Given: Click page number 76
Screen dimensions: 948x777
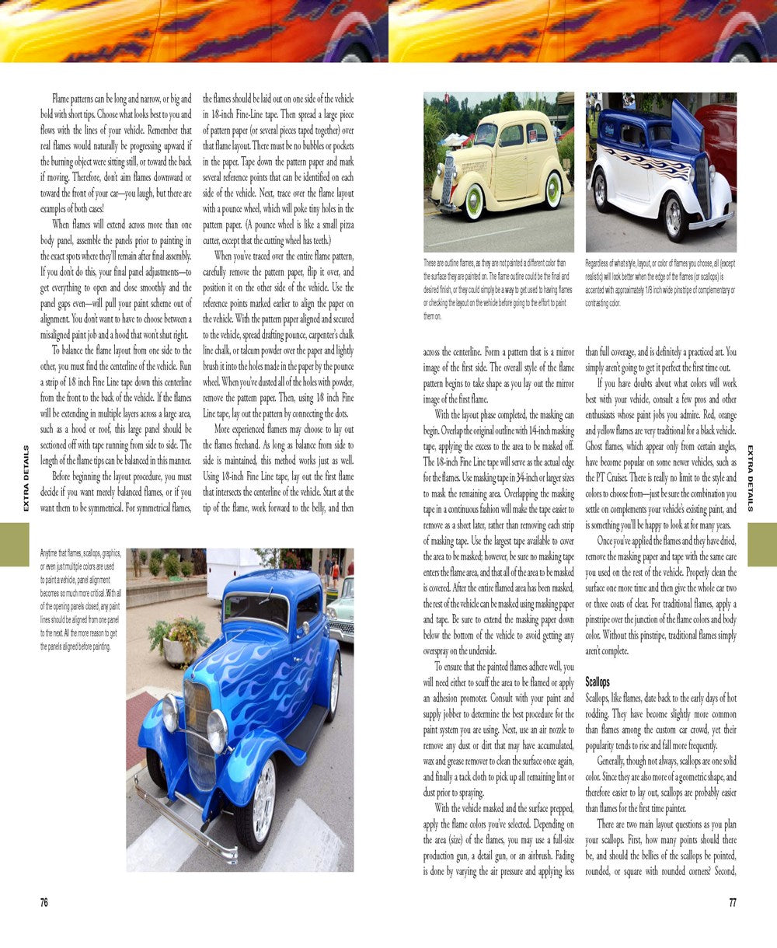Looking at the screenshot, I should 44,902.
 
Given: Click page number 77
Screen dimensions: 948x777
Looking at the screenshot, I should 732,902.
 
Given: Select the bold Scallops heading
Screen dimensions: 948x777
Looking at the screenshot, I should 598,682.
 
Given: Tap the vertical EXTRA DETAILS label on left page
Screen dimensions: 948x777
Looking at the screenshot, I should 26,478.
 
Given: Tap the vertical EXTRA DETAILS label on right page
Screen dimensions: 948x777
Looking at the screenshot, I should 751,478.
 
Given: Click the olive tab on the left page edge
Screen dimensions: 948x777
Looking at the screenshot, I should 14,544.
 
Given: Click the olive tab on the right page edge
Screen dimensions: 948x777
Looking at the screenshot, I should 762,544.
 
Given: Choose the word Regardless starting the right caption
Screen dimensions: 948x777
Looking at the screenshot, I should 604,263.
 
